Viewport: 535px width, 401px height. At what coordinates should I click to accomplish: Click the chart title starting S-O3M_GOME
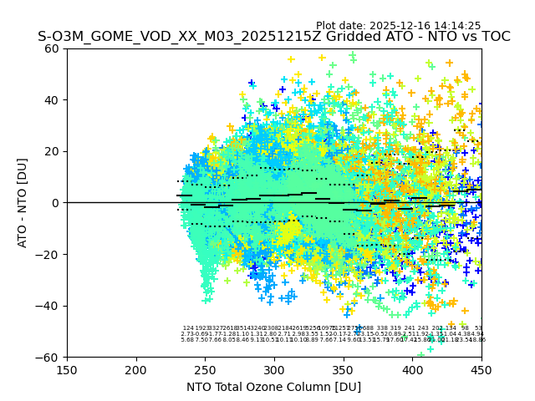pos(273,37)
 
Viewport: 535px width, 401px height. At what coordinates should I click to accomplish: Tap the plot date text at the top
pos(398,26)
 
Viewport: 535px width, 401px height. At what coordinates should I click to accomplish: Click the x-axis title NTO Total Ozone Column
pos(273,387)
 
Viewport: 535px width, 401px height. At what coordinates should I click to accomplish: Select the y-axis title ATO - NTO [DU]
pos(23,203)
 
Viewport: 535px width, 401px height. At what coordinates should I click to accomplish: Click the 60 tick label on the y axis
pos(53,48)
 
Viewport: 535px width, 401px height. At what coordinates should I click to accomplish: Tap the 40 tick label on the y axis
pos(53,100)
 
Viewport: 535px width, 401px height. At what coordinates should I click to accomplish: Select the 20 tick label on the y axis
pos(53,151)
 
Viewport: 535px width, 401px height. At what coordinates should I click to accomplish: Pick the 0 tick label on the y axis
pos(56,203)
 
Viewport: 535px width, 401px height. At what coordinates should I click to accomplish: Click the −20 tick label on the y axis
pos(48,254)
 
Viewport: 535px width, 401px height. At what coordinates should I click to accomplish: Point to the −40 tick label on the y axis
pos(48,306)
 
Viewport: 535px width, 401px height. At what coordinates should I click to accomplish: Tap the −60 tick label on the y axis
pos(48,357)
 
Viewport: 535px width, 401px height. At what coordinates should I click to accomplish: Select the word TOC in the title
pos(493,37)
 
